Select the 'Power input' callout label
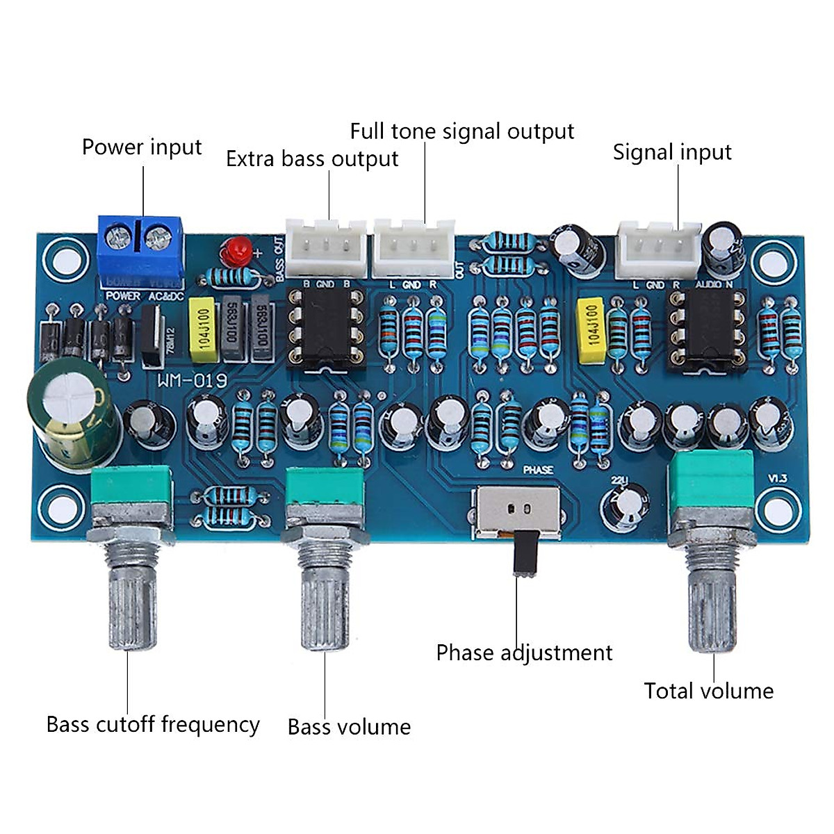[x=142, y=147]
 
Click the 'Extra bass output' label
[x=312, y=159]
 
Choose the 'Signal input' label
[x=672, y=152]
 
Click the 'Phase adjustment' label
[x=524, y=653]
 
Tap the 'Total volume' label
[x=708, y=691]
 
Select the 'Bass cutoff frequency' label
[x=153, y=724]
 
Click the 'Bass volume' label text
[x=349, y=727]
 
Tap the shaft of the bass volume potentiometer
[x=324, y=605]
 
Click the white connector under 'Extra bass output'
[x=325, y=247]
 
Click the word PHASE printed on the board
[x=538, y=470]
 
